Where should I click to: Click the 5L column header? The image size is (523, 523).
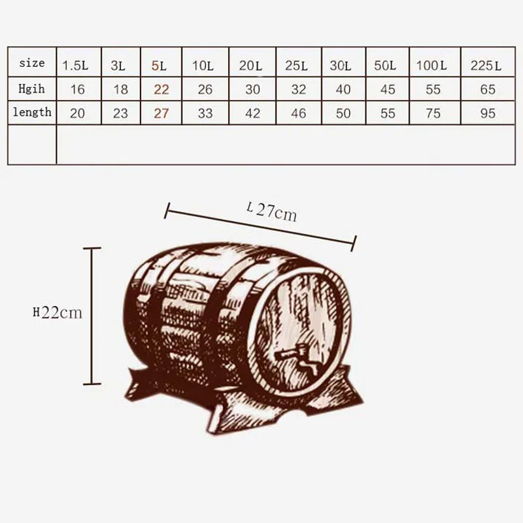[x=159, y=66]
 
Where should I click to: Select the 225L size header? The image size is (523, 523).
[x=486, y=66]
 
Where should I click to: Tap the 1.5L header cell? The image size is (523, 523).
[x=75, y=66]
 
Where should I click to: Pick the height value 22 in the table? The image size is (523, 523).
[x=161, y=90]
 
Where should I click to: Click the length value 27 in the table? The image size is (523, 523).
[x=161, y=113]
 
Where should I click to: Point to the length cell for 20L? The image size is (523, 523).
[x=252, y=113]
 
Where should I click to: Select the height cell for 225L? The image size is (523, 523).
[x=488, y=90]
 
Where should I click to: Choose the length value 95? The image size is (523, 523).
[x=488, y=113]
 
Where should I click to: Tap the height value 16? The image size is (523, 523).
[x=77, y=90]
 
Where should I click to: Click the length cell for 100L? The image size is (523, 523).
[x=433, y=113]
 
